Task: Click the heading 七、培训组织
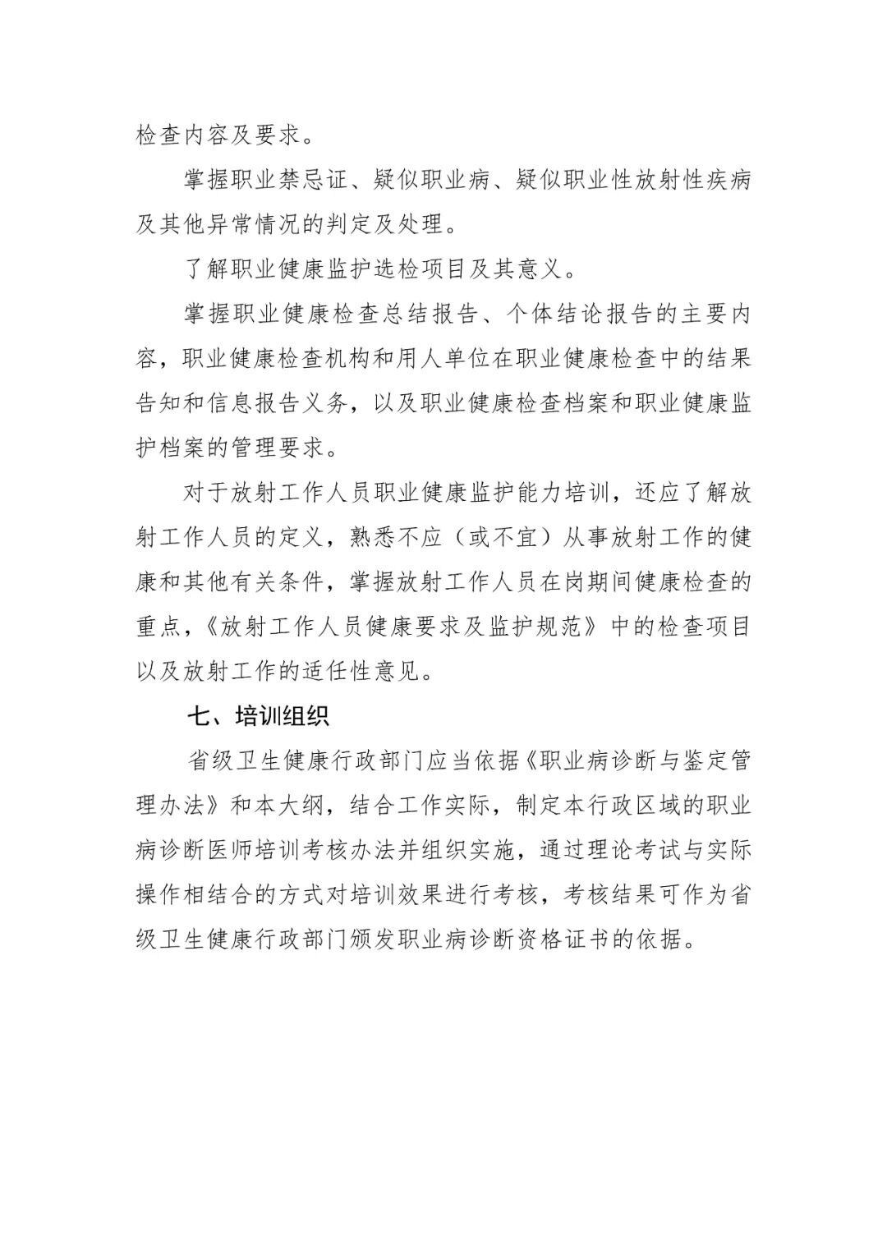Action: tap(259, 716)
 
